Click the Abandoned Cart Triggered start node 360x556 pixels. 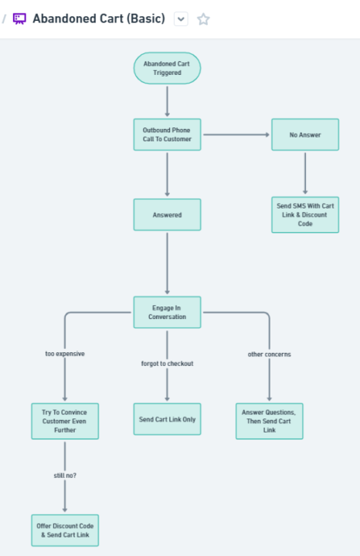pos(167,68)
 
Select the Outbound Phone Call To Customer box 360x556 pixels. pos(167,134)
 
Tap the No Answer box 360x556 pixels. pos(305,134)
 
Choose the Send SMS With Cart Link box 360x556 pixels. pos(305,215)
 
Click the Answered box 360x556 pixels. pos(167,215)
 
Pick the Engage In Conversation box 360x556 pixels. pos(167,313)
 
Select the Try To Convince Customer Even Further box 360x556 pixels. pos(65,422)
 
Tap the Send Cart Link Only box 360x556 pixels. pos(167,419)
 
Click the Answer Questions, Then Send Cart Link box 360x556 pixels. pos(269,422)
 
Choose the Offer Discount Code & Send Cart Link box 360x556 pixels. pos(65,531)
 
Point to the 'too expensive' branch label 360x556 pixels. pos(65,354)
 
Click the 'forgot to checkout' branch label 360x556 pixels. pos(167,364)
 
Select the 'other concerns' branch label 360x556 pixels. pos(269,354)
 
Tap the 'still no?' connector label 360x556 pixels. pos(65,476)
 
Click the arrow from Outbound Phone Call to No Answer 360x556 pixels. pos(236,134)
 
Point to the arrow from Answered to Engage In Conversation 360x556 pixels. pos(167,263)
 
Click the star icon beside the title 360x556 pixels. pos(203,19)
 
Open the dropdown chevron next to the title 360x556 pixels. pos(181,19)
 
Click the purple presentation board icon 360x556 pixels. pos(19,19)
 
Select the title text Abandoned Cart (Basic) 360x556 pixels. pos(99,19)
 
